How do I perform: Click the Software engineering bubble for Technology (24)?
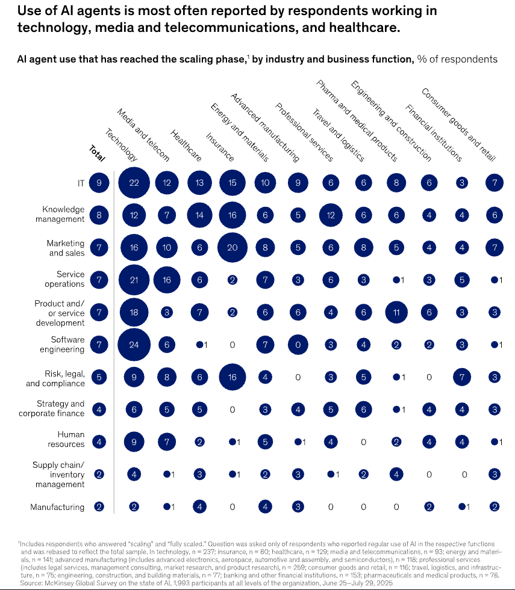coord(134,345)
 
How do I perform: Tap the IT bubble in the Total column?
coord(99,182)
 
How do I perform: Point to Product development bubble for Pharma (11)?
coord(395,312)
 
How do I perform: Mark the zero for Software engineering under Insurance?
coord(233,345)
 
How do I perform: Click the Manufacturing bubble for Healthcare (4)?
coord(199,506)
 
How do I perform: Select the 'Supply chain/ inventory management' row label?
coord(59,475)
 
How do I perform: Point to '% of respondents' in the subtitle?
coord(457,59)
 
